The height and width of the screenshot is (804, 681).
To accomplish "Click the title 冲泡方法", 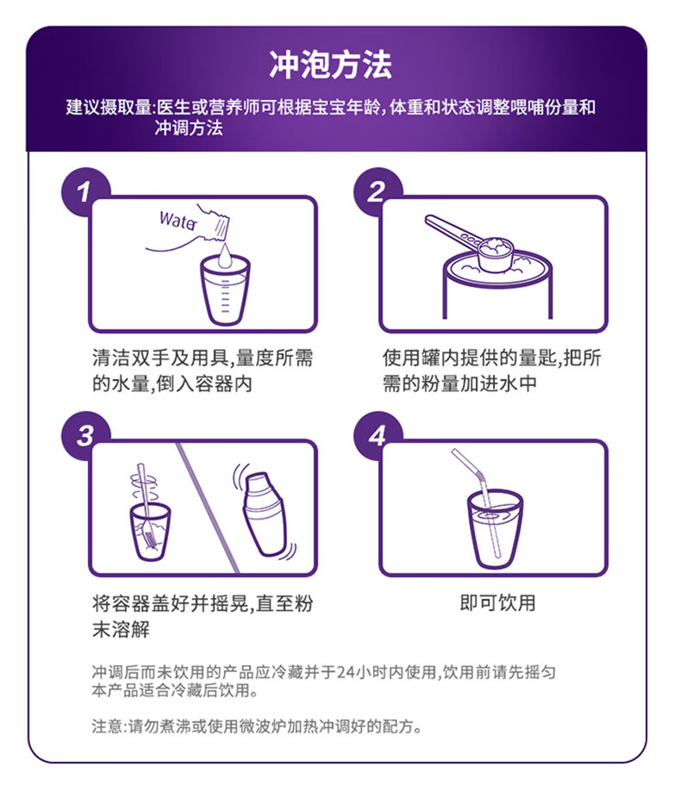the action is coord(331,65).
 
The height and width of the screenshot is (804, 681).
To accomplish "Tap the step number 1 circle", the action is coord(84,192).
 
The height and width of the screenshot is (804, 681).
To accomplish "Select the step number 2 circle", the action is coord(377,192).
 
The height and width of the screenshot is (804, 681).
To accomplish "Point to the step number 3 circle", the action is coord(84,435).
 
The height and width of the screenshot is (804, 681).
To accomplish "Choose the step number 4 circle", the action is coord(377,435).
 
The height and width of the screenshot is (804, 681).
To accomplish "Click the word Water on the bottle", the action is coord(178,221).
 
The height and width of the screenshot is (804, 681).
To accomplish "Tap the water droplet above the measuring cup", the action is coord(225,256).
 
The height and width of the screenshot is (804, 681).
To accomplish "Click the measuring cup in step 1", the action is coord(225,290).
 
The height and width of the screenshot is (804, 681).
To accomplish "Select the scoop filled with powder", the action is coord(496,255).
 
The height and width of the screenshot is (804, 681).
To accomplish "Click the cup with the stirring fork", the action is coord(150,532).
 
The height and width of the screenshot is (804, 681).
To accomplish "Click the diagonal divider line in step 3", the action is coord(208,508).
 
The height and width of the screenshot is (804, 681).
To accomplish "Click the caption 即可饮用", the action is coord(497,603).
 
